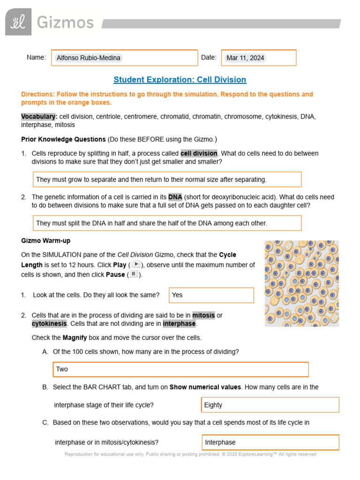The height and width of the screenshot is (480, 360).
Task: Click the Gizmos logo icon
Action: coord(18,22)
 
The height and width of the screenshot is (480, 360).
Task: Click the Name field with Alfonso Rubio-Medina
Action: coord(124,58)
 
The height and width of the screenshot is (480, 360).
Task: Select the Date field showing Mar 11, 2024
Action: coord(258,58)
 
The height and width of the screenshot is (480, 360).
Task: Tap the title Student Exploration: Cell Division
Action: coord(180,80)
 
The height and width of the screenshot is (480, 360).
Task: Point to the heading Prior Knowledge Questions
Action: coord(63,139)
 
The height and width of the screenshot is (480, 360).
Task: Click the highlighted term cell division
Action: coord(199,153)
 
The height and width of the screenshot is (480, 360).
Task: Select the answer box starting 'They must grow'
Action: coord(167,180)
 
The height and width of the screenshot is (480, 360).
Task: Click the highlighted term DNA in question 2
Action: coord(175,197)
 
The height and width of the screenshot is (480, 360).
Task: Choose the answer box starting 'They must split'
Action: coord(167,223)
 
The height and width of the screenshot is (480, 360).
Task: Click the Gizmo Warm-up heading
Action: coord(45,240)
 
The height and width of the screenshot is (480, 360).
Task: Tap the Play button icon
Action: coord(135,264)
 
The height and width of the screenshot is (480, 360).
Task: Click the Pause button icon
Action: coord(134,274)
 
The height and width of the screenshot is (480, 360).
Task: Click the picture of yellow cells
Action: coord(301,284)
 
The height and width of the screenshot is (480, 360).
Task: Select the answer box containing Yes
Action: coord(211,295)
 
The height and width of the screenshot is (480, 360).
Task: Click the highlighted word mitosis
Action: coord(203,315)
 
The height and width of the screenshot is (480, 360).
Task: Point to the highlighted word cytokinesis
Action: coord(49,324)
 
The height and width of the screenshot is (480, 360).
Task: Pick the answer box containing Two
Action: coord(180,369)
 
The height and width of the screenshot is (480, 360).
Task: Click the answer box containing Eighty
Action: coord(270,405)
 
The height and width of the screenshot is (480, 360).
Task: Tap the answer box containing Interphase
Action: coord(270,442)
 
